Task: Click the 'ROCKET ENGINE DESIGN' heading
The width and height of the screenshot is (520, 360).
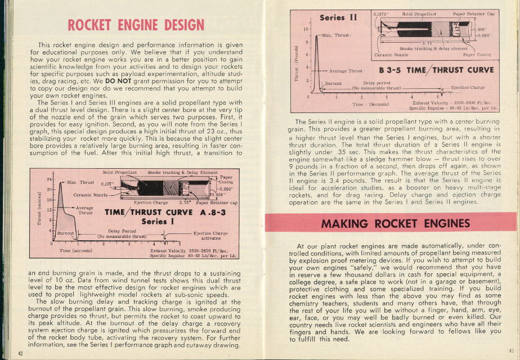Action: (x=136, y=25)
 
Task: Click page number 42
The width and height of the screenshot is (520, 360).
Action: (x=20, y=353)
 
